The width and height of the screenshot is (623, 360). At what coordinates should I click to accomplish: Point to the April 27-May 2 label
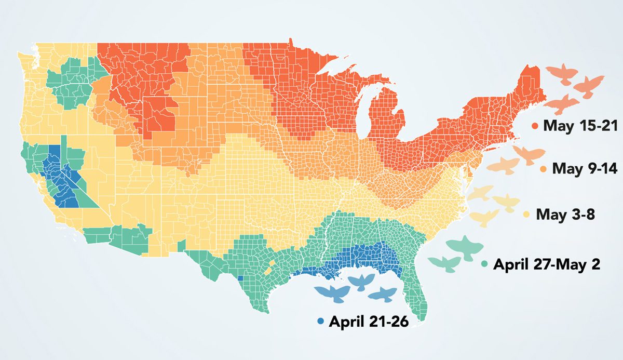tap(547, 264)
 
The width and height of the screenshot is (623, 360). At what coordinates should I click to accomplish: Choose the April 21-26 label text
tap(369, 322)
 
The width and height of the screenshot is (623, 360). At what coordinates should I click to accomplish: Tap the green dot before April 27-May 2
tap(485, 264)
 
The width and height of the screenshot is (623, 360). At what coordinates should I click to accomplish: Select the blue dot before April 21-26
tap(321, 322)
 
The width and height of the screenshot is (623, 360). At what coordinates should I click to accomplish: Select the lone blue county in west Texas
tap(240, 278)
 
